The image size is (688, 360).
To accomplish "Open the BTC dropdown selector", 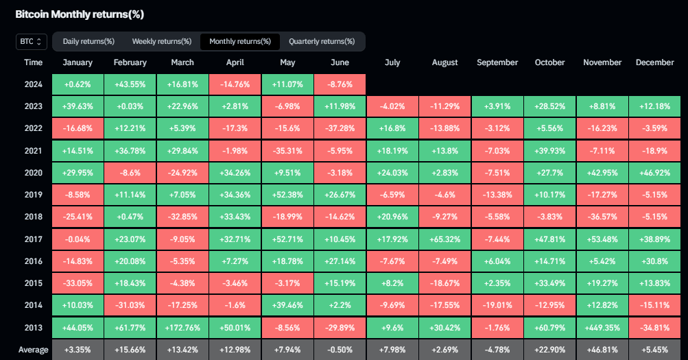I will [32, 42].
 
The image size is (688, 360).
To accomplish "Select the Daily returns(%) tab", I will [88, 42].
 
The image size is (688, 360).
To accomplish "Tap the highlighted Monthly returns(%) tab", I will [239, 42].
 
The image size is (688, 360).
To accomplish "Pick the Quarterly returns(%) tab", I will [322, 42].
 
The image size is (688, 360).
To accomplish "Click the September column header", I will [497, 62].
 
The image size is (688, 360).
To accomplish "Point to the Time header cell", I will [33, 62].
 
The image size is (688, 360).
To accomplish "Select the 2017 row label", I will [33, 239].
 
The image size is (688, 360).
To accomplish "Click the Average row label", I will [33, 350].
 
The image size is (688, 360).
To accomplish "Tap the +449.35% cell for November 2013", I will [602, 328].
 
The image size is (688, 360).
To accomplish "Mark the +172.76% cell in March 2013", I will [182, 328].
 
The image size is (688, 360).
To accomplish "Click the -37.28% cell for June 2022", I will [340, 128].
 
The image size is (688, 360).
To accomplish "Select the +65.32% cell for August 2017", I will [444, 239].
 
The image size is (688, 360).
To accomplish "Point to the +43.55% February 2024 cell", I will [130, 84].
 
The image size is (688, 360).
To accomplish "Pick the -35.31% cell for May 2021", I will [287, 151].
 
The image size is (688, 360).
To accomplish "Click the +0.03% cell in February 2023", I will [130, 106].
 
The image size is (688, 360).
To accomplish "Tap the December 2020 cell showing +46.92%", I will [654, 173].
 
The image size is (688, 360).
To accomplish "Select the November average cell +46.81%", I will [602, 350].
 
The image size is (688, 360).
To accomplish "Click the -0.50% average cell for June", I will [340, 350].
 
